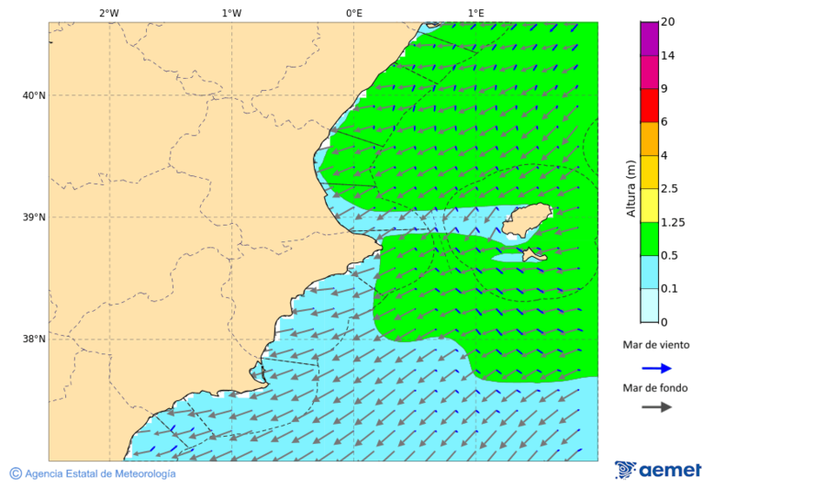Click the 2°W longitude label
108,13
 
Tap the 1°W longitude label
231,13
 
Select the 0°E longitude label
353,13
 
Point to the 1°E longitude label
475,13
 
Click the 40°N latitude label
34,95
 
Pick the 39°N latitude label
34,217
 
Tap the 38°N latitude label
34,339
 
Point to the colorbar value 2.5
670,189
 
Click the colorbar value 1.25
673,222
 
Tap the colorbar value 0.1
669,289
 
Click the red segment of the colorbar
649,106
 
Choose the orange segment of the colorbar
649,139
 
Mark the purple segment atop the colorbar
649,39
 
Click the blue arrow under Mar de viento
656,368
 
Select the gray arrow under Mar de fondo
656,407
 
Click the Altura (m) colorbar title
631,189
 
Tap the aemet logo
658,470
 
